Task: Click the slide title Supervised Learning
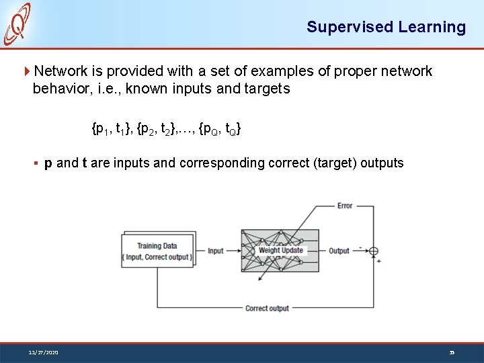(x=386, y=28)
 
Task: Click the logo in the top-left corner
(x=17, y=24)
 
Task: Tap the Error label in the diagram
(x=345, y=206)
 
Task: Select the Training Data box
(x=157, y=251)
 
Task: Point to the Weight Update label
(x=281, y=251)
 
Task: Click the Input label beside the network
(x=216, y=251)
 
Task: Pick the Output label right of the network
(x=339, y=251)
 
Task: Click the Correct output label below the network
(x=267, y=309)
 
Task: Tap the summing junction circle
(x=374, y=251)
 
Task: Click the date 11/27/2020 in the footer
(x=43, y=352)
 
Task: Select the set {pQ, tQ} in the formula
(x=220, y=127)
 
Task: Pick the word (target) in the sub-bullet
(x=336, y=163)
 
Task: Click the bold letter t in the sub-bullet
(x=84, y=163)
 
